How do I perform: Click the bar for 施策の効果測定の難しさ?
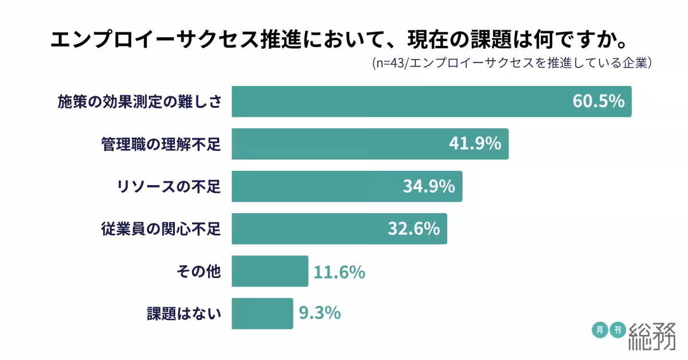click(401, 101)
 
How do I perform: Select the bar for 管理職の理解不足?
click(338, 144)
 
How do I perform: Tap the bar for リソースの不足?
click(315, 186)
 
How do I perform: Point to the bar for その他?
click(270, 271)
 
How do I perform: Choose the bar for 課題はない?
click(263, 314)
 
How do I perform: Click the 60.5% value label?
click(598, 101)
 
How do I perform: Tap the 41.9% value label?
click(475, 144)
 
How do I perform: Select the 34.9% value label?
click(429, 186)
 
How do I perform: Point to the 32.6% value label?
click(413, 229)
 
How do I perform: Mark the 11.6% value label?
click(339, 271)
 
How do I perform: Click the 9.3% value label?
click(320, 314)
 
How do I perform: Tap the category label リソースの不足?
click(168, 187)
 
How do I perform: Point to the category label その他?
click(198, 272)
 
